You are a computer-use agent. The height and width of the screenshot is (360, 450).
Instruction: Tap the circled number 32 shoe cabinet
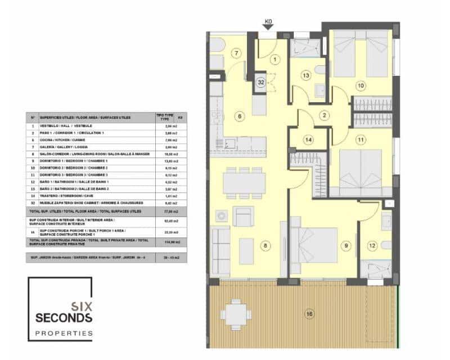(261, 82)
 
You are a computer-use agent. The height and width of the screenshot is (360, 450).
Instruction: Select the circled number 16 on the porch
(308, 314)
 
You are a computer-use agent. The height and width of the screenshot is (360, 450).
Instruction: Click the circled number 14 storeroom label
(308, 139)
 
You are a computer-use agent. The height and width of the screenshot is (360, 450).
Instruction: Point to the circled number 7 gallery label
(237, 53)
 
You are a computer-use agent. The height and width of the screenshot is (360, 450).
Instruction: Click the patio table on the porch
(235, 313)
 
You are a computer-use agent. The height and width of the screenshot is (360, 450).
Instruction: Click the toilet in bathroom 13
(319, 70)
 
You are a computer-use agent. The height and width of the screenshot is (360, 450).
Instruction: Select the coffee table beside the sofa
(247, 251)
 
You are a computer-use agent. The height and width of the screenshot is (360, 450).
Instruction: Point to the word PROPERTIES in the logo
(63, 334)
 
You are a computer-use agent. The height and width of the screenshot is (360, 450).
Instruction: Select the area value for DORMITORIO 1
(166, 160)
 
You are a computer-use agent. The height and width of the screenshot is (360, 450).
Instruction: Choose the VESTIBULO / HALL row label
(62, 125)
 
